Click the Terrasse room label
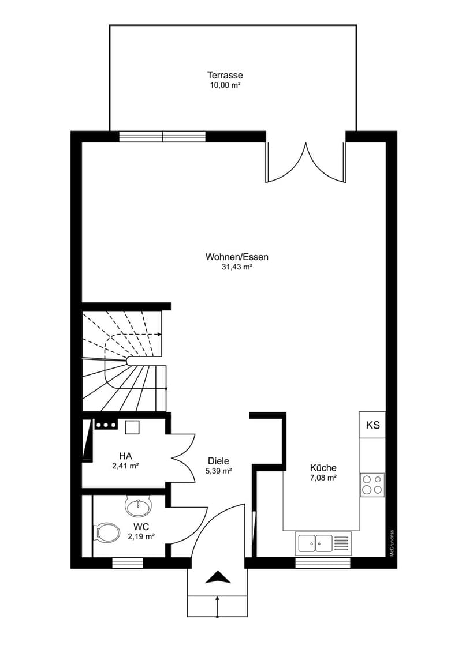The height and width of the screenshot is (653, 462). tap(225, 76)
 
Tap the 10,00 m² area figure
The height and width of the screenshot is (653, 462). tap(225, 85)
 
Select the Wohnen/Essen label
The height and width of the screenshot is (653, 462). tap(237, 257)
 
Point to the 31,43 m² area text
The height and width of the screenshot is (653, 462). tap(237, 267)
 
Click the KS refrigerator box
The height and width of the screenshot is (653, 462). tap(372, 425)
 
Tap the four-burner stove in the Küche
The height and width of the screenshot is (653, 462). tap(372, 485)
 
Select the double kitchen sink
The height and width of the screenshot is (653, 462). tap(323, 543)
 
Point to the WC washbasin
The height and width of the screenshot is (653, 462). tap(139, 505)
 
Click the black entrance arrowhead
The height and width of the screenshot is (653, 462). tap(218, 578)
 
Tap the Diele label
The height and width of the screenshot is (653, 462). tap(218, 461)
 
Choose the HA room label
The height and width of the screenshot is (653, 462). tap(125, 456)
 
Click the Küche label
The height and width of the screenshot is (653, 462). tap(323, 468)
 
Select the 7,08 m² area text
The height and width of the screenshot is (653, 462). tap(323, 478)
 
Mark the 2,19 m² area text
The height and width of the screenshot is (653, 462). tap(141, 537)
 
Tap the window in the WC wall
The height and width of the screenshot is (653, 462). tap(128, 564)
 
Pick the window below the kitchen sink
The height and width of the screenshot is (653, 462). tap(323, 564)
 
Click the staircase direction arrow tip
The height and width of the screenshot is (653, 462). tap(161, 335)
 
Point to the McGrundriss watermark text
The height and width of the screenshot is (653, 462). tap(392, 543)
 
